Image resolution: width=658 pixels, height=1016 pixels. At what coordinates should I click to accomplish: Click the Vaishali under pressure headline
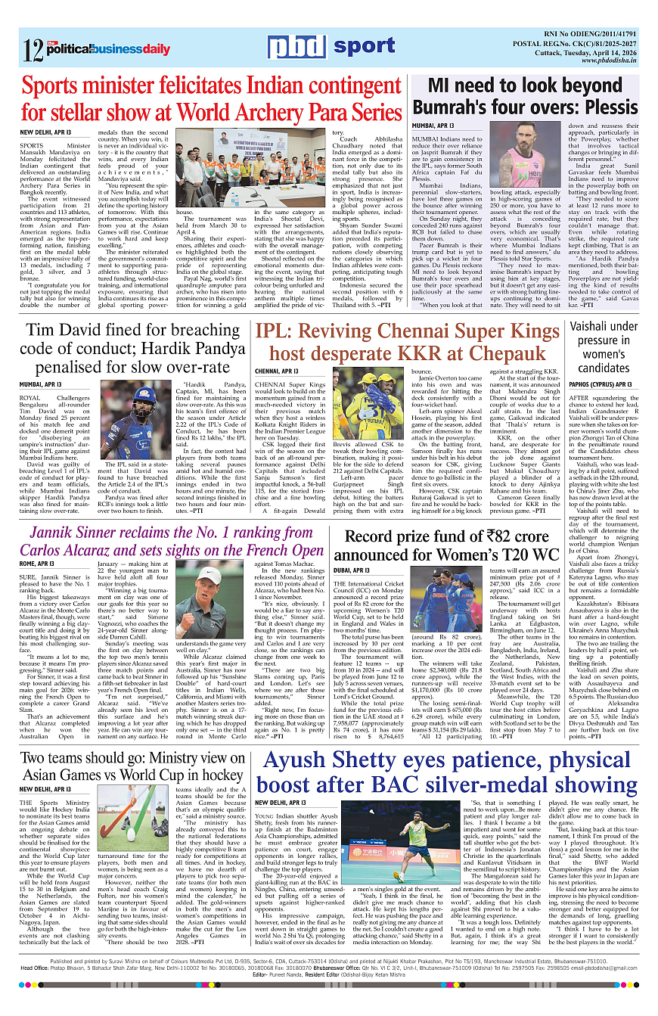point(604,347)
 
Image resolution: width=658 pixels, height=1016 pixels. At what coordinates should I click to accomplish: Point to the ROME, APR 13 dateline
point(37,564)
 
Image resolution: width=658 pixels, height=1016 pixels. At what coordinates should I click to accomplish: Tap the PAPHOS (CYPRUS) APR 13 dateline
point(601,384)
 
